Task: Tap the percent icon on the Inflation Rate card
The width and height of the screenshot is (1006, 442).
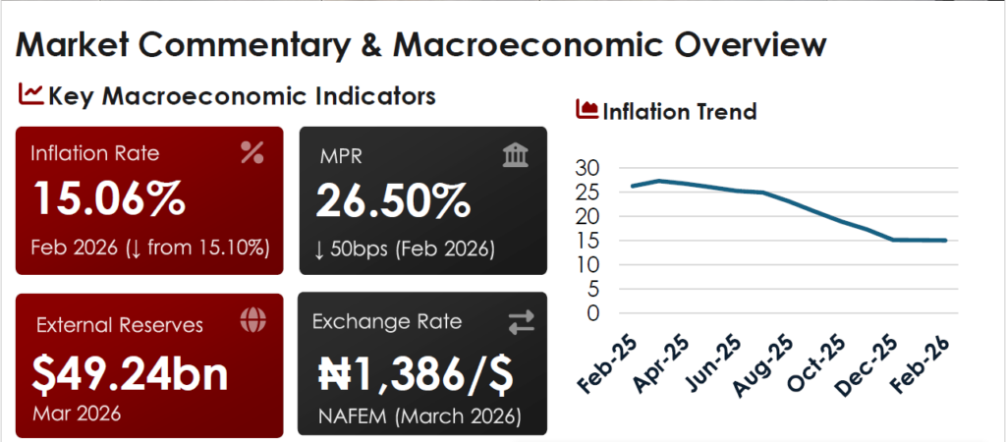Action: (252, 152)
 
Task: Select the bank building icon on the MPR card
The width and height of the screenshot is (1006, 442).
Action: (515, 154)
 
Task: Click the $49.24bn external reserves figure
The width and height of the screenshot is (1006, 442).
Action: (130, 372)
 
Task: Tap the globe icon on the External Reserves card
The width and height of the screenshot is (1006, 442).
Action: (252, 320)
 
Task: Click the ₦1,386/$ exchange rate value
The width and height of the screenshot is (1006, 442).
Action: (417, 372)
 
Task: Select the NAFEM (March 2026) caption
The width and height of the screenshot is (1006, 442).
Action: (419, 415)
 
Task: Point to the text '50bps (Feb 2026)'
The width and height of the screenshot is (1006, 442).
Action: (405, 248)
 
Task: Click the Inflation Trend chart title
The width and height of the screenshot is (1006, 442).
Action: (679, 112)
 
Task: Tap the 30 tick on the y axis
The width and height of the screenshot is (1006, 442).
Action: (587, 168)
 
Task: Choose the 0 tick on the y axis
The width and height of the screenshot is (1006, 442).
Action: (592, 312)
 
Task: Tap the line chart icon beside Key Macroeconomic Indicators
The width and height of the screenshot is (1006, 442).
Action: (30, 94)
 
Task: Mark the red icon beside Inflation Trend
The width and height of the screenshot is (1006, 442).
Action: (587, 110)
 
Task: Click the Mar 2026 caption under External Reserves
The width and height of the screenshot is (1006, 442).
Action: (78, 413)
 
